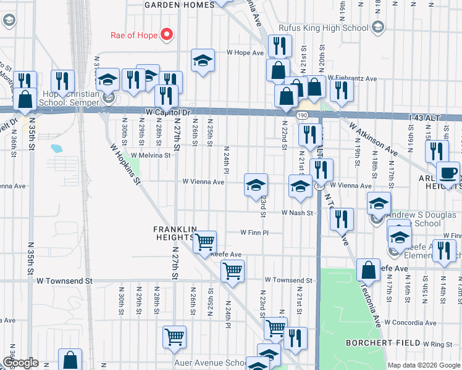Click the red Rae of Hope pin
coord(166,35)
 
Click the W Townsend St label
coord(64,281)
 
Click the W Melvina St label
coord(150,156)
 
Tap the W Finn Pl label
coord(254,233)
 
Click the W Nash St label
coord(298,213)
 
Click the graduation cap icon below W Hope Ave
coord(202,60)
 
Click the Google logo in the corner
coord(20,363)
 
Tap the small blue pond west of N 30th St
coord(57,149)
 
